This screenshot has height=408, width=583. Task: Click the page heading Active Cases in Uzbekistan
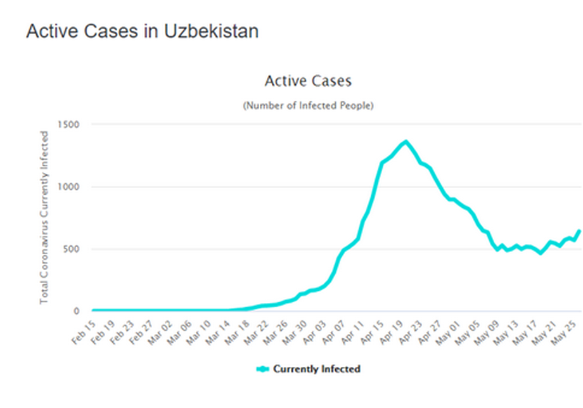(x=142, y=32)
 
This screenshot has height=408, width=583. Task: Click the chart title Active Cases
(x=308, y=81)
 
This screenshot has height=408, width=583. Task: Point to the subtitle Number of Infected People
(x=308, y=105)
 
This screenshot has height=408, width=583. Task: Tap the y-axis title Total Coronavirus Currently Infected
(x=44, y=217)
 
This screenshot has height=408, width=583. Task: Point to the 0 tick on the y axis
(x=77, y=311)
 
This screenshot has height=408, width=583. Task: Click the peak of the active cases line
(x=406, y=141)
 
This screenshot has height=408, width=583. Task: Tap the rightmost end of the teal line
(x=579, y=231)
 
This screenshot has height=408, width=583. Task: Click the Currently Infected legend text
(x=316, y=369)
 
